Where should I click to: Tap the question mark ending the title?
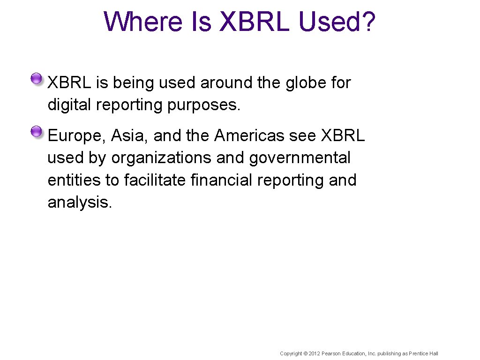tap(368, 22)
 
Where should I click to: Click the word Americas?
tap(249, 135)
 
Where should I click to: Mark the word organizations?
tap(161, 158)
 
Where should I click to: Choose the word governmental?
tap(300, 158)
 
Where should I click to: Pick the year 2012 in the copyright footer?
tap(314, 353)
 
